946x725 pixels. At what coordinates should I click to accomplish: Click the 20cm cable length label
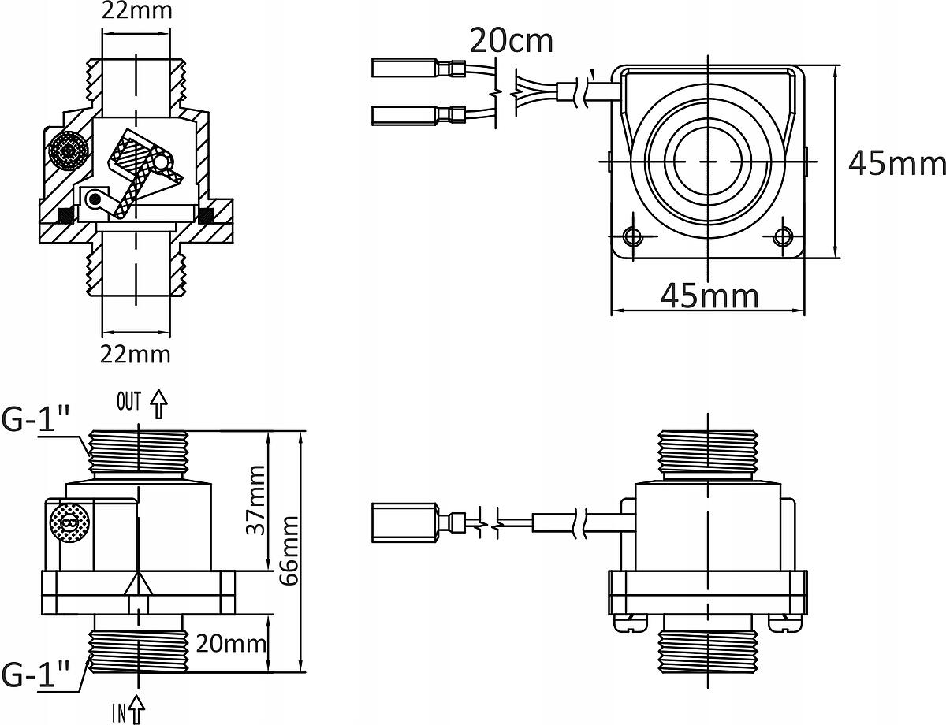coord(511,40)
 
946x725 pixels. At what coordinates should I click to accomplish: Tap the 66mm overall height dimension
coord(289,552)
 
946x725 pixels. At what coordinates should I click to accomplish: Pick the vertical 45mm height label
coord(896,163)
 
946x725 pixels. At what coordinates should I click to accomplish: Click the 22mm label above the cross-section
coord(136,11)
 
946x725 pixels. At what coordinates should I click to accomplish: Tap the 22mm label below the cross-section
coord(136,354)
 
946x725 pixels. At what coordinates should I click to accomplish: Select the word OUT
coord(128,403)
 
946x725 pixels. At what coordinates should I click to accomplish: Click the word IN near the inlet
coord(119,713)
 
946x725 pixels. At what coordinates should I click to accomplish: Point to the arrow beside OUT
coord(159,403)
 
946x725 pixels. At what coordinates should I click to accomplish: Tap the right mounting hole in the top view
coord(784,236)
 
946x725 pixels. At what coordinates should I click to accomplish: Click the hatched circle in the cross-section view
coord(69,150)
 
